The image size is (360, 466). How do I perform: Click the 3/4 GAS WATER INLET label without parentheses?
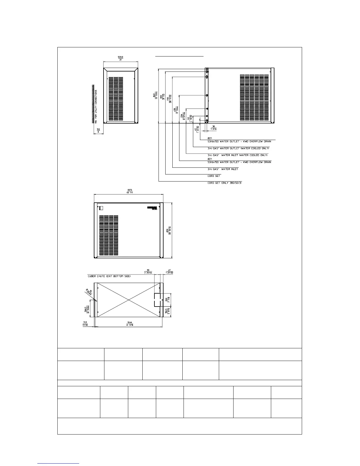[x=223, y=169]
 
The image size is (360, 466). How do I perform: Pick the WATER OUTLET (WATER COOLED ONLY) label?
[x=238, y=148]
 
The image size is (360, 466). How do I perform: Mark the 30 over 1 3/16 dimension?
[x=213, y=128]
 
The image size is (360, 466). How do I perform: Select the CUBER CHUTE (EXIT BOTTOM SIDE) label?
[x=109, y=277]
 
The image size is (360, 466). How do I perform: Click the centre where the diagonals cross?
[x=128, y=300]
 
